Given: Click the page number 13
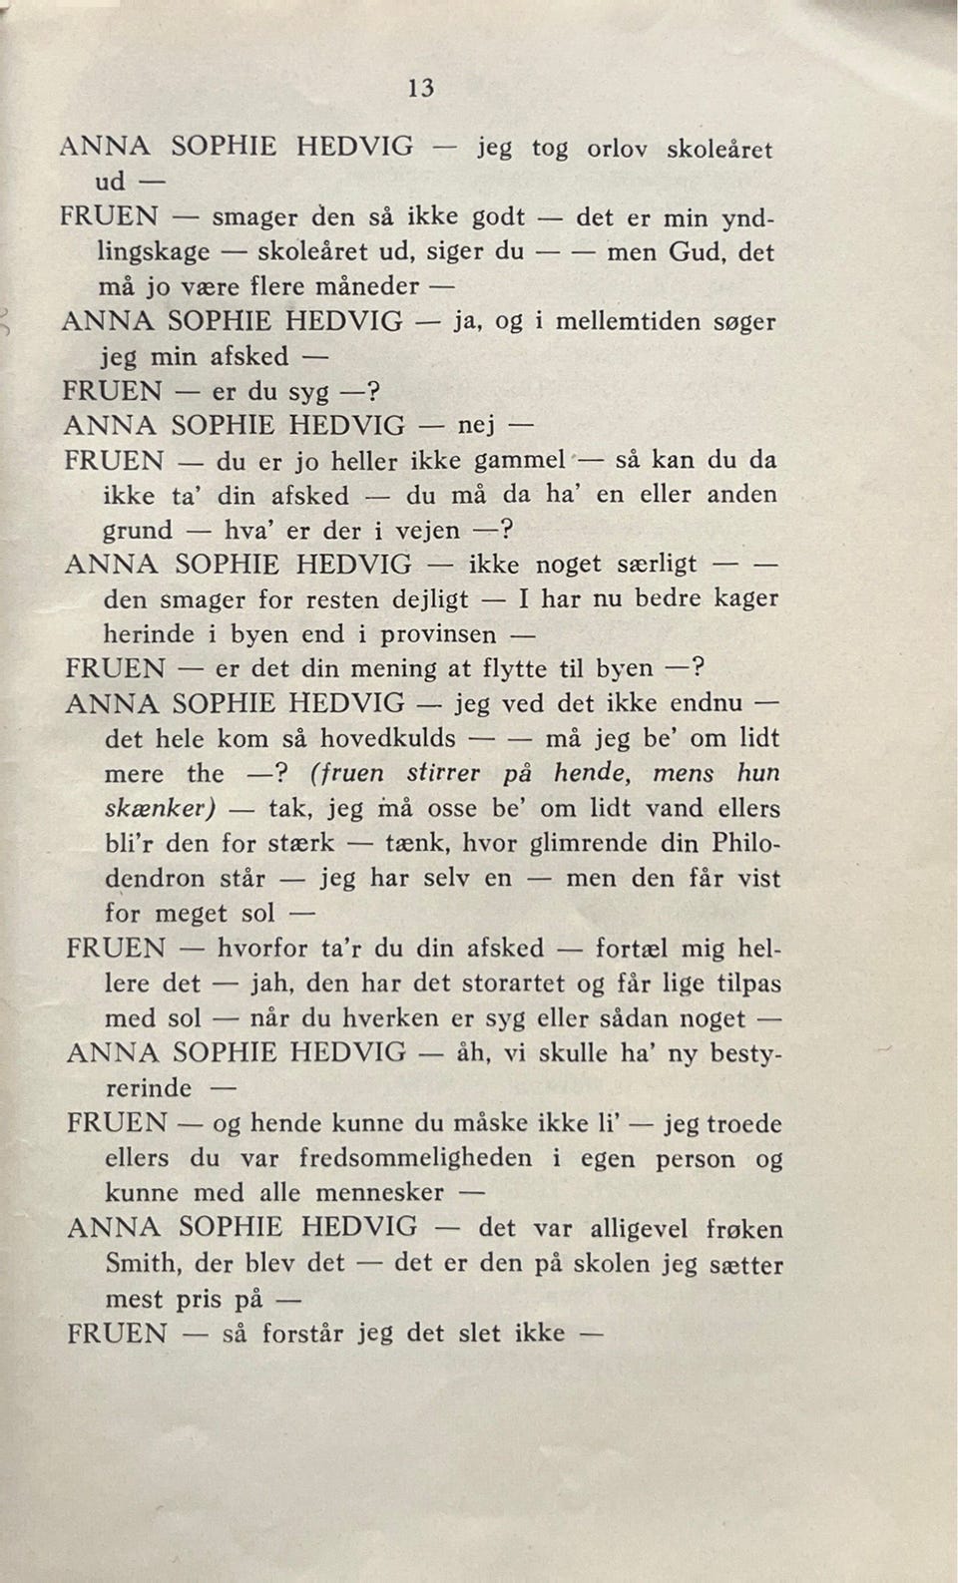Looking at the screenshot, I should [x=421, y=88].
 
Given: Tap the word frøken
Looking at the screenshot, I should [x=743, y=1228].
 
